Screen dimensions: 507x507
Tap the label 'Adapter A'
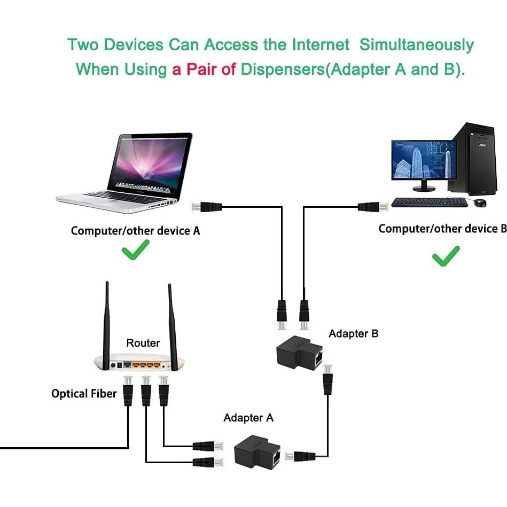(248, 418)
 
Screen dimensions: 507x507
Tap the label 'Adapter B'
(353, 334)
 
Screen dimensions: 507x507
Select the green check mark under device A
(135, 249)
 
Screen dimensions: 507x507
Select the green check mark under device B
(446, 256)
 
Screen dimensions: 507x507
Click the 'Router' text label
(143, 343)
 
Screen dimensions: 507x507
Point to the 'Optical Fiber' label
(84, 394)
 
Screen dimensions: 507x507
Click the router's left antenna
(107, 321)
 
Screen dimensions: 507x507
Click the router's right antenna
(173, 323)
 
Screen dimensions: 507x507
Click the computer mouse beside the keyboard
(480, 202)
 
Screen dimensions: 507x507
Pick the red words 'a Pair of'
(204, 69)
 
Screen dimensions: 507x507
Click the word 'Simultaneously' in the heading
(416, 45)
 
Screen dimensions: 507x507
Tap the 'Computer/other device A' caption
(135, 231)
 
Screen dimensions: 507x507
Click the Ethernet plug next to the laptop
(206, 206)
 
